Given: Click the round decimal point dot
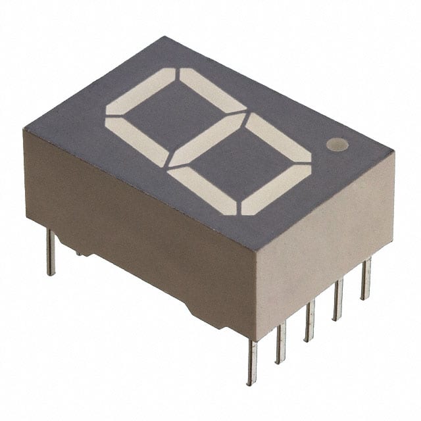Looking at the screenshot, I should pyautogui.click(x=336, y=145).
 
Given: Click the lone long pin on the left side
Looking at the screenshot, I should pyautogui.click(x=51, y=253).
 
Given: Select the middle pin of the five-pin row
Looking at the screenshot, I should pyautogui.click(x=309, y=319).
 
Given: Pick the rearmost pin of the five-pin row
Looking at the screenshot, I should pyautogui.click(x=365, y=278).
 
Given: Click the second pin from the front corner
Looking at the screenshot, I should pyautogui.click(x=281, y=341).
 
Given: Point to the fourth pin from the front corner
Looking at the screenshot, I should pyautogui.click(x=337, y=299).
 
